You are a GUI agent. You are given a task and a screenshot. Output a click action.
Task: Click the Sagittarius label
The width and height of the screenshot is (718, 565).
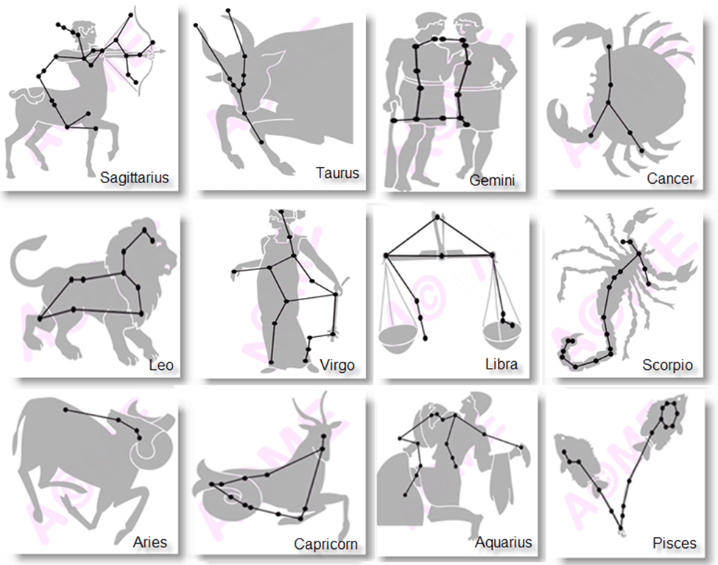(134, 177)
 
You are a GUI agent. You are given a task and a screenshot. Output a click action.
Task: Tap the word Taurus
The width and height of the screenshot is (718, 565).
(337, 174)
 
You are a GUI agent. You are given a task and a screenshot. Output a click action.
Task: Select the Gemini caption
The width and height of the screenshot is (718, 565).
(492, 180)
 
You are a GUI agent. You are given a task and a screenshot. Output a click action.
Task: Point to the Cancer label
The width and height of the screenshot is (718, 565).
(670, 178)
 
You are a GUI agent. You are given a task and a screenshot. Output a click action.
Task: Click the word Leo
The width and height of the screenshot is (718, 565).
(161, 366)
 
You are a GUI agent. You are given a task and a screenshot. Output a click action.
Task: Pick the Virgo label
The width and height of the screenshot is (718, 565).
(337, 366)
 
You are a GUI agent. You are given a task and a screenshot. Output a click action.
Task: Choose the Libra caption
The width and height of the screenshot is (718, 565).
(501, 364)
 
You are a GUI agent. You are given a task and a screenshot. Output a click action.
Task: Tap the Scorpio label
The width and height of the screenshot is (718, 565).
(667, 366)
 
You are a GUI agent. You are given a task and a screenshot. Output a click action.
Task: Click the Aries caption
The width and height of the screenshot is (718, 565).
(149, 543)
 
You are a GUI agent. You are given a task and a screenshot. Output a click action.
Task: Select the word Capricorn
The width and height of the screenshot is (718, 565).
(325, 544)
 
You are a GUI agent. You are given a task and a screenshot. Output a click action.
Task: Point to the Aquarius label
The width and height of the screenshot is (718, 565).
(504, 543)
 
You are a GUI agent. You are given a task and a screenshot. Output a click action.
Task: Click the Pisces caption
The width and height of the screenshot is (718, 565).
(674, 544)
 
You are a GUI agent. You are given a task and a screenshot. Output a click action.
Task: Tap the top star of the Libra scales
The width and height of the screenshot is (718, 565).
(438, 216)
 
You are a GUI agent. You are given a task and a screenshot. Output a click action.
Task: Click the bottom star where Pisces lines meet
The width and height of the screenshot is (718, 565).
(621, 527)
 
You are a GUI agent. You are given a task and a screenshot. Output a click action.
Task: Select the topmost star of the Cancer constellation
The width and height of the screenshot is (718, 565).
(609, 47)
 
